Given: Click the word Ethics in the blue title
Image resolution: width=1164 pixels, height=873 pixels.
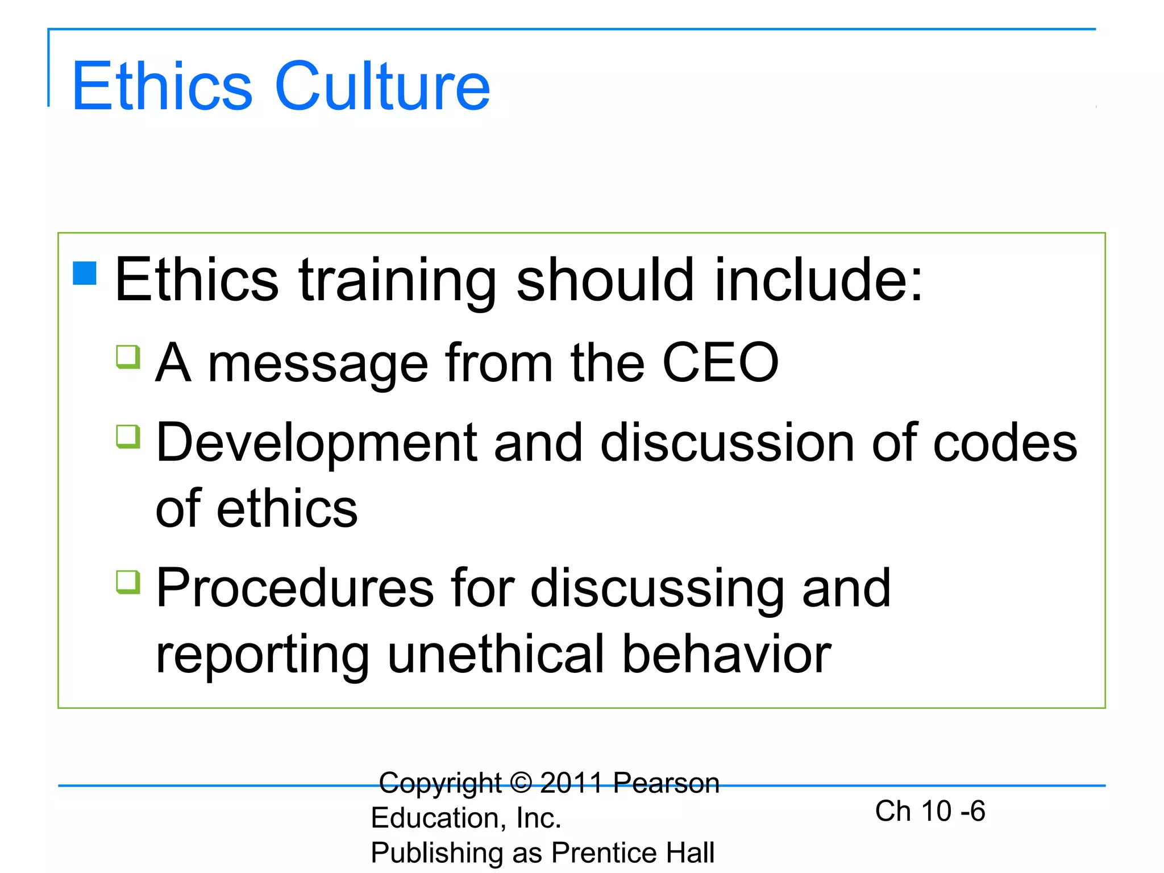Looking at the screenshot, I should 162,86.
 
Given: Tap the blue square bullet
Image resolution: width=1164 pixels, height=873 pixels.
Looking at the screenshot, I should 85,273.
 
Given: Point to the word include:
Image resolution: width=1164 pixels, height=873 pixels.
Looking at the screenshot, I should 818,279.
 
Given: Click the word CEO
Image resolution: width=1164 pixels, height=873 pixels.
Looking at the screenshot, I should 720,362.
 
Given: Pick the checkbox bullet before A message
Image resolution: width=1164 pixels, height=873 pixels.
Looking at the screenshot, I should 128,357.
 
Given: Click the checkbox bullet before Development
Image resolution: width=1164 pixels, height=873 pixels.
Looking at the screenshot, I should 128,436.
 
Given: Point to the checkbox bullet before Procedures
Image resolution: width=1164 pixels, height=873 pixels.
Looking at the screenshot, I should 128,582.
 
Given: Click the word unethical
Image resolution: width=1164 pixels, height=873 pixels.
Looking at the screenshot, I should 495,655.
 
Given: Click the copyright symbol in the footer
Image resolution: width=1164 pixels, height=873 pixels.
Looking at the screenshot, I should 521,783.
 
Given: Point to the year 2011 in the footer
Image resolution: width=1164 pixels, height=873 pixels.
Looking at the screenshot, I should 571,783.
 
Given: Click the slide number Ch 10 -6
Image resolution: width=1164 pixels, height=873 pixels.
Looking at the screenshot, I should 930,810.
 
